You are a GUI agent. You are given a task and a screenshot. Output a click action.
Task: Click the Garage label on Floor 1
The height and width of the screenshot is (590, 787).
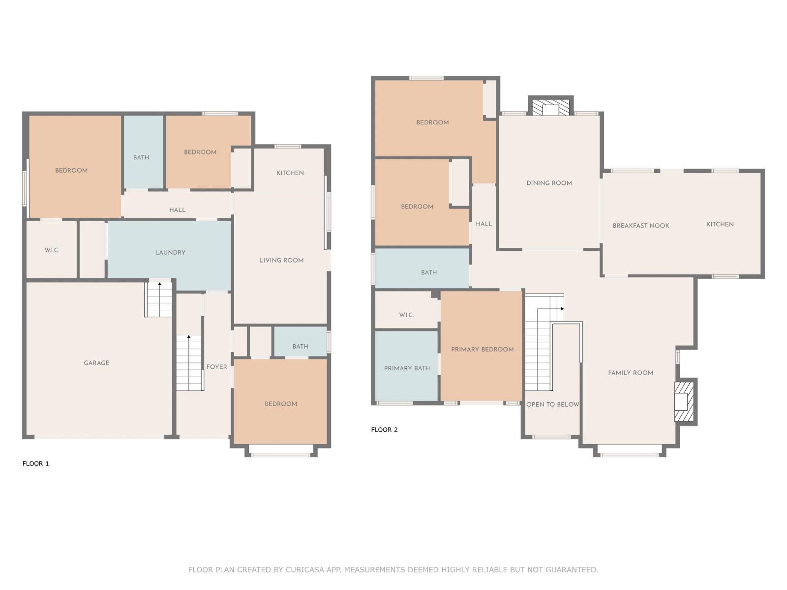click(x=96, y=363)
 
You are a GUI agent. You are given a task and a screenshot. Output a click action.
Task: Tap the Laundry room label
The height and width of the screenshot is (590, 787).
click(x=170, y=252)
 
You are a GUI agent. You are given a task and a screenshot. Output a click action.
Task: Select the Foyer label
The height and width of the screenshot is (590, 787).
click(x=216, y=367)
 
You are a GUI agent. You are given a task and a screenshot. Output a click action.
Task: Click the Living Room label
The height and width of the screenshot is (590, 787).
click(x=281, y=260)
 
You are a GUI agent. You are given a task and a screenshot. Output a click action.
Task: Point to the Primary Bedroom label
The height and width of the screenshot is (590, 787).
click(x=482, y=349)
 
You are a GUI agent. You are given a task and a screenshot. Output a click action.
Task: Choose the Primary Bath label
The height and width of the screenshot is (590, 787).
click(x=407, y=368)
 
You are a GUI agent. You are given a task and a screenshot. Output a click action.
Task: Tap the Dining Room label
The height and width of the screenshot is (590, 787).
click(x=549, y=183)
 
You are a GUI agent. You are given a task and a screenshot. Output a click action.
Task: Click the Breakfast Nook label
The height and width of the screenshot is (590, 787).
click(x=640, y=226)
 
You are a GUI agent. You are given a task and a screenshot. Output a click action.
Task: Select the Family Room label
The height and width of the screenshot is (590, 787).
click(x=630, y=373)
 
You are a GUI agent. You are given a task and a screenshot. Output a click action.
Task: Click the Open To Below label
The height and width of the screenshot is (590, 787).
click(x=552, y=404)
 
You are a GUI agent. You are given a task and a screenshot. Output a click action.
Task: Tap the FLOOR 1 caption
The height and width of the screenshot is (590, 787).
click(x=36, y=463)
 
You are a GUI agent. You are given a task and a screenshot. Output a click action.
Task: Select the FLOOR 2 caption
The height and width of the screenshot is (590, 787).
click(x=384, y=430)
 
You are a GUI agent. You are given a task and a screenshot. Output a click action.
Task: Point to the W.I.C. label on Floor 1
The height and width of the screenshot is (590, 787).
click(x=52, y=250)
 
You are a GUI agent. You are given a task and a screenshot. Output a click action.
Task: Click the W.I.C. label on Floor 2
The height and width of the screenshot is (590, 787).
click(x=406, y=315)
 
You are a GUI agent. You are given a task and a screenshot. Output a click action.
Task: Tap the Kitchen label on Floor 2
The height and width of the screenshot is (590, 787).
click(x=720, y=224)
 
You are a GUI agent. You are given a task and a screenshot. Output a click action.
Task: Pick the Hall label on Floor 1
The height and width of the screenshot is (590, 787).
click(x=177, y=210)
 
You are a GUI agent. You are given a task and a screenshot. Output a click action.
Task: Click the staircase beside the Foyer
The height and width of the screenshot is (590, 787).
click(x=189, y=363)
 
